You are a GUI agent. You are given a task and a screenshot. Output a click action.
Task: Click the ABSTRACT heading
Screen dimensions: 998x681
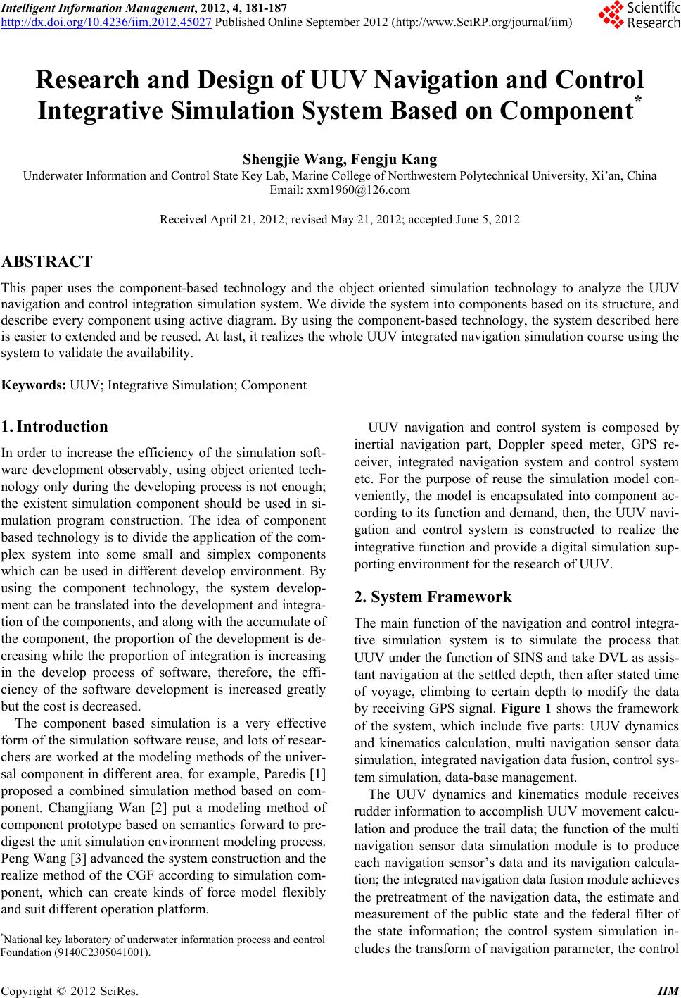[46, 263]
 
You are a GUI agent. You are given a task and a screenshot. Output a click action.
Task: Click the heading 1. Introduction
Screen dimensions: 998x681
[55, 427]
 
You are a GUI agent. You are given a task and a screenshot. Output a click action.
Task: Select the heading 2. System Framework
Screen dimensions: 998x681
[433, 597]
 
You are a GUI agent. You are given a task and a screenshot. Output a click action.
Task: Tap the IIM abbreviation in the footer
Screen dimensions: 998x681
[668, 989]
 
